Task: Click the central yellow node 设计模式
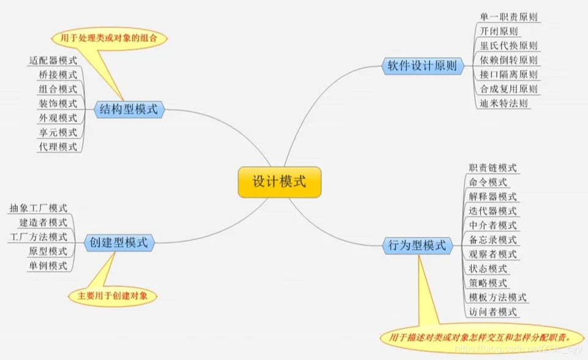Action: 280,182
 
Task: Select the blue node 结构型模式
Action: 129,110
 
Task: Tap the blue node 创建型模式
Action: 119,243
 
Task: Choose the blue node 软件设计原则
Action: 423,66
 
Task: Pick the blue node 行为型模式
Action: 417,246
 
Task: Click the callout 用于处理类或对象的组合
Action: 109,39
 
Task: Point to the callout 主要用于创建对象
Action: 113,296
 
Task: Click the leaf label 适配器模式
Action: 53,61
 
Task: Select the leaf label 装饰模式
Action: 58,103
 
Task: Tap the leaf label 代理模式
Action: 58,147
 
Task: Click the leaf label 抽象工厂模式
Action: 39,208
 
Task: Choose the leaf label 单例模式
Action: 48,266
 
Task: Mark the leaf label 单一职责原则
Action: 509,17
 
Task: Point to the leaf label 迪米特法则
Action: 504,103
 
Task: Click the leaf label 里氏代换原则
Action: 509,46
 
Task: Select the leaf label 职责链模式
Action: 493,168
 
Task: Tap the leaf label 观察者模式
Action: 493,255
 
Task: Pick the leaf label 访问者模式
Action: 493,312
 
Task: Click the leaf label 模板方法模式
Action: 497,298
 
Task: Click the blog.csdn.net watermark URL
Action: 518,349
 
